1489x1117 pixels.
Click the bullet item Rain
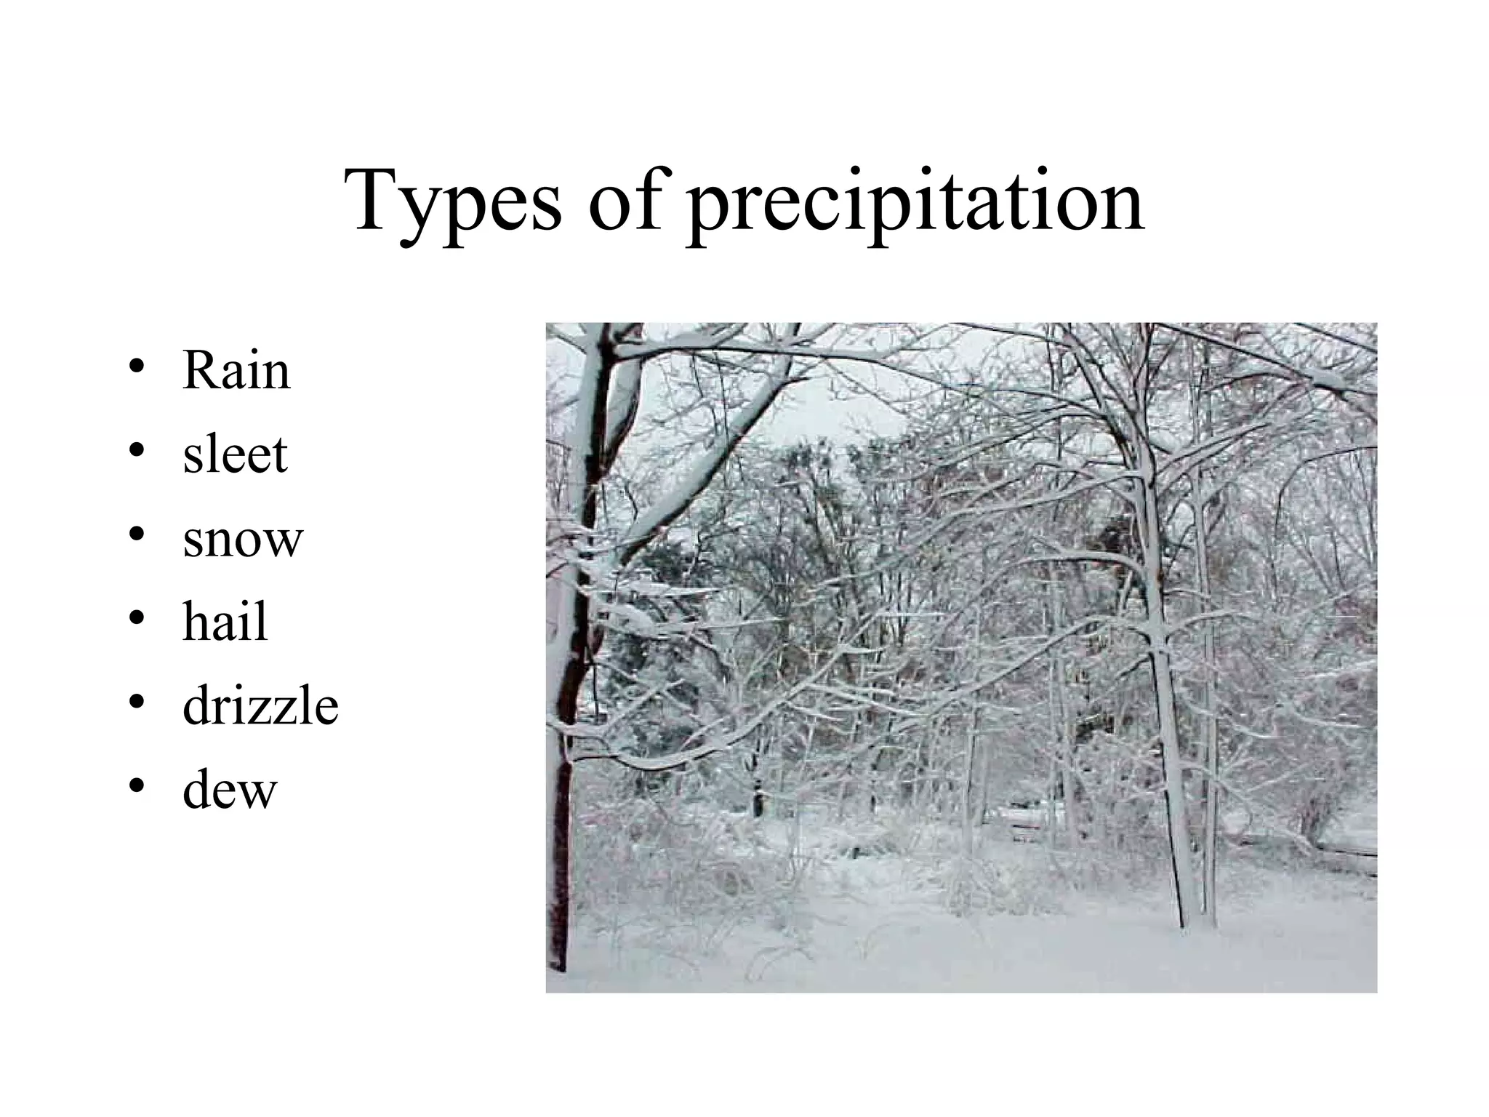(x=236, y=371)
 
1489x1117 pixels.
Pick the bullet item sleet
(x=235, y=455)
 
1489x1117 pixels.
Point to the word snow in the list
(x=242, y=540)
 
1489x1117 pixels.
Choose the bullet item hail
(x=225, y=622)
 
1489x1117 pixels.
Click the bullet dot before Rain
(x=136, y=367)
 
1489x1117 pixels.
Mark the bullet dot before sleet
(x=136, y=451)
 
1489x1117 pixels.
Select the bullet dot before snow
(x=136, y=535)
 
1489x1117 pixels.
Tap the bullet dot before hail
(x=136, y=618)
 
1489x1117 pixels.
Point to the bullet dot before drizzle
(x=136, y=702)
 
